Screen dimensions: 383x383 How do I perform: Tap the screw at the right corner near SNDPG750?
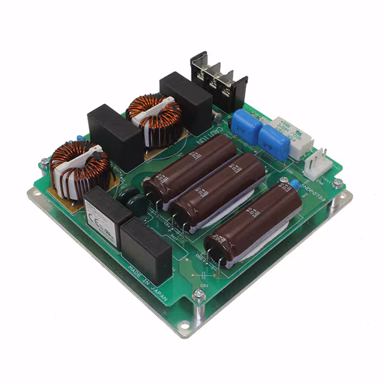tap(338, 183)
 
